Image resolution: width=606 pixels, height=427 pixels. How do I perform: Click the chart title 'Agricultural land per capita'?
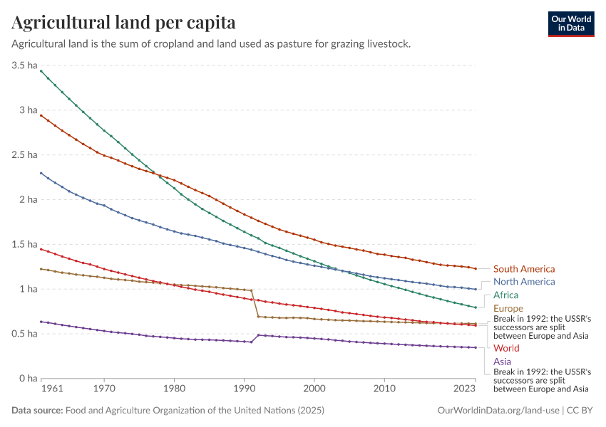(123, 22)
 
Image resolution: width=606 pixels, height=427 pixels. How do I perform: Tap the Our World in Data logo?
(571, 24)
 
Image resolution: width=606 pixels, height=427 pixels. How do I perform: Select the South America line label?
(524, 269)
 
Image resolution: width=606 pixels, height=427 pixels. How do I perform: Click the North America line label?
(524, 282)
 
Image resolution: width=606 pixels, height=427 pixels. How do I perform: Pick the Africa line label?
(505, 295)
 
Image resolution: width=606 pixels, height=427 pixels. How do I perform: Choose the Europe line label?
(508, 308)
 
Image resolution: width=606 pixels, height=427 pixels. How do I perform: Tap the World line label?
(506, 348)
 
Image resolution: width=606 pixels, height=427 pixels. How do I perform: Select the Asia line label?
(502, 362)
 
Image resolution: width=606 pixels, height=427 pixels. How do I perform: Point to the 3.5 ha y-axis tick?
(24, 65)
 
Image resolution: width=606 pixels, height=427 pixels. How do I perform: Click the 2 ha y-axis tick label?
(29, 199)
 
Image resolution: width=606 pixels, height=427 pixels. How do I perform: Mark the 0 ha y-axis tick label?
(29, 379)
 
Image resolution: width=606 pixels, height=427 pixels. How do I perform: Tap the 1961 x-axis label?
(52, 388)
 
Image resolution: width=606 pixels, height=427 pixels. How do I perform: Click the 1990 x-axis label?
(245, 388)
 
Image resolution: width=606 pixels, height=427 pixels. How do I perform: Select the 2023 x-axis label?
(464, 388)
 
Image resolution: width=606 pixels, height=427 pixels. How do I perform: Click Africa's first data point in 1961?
(41, 71)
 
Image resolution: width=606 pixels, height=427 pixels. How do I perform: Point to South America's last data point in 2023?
(476, 268)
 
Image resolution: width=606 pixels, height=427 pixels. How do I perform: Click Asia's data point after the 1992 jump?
(258, 335)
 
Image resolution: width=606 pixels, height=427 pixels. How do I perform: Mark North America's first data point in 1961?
(41, 173)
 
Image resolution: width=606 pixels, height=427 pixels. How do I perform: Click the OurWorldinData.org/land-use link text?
(498, 411)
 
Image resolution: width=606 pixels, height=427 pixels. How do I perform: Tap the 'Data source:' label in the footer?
(37, 411)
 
